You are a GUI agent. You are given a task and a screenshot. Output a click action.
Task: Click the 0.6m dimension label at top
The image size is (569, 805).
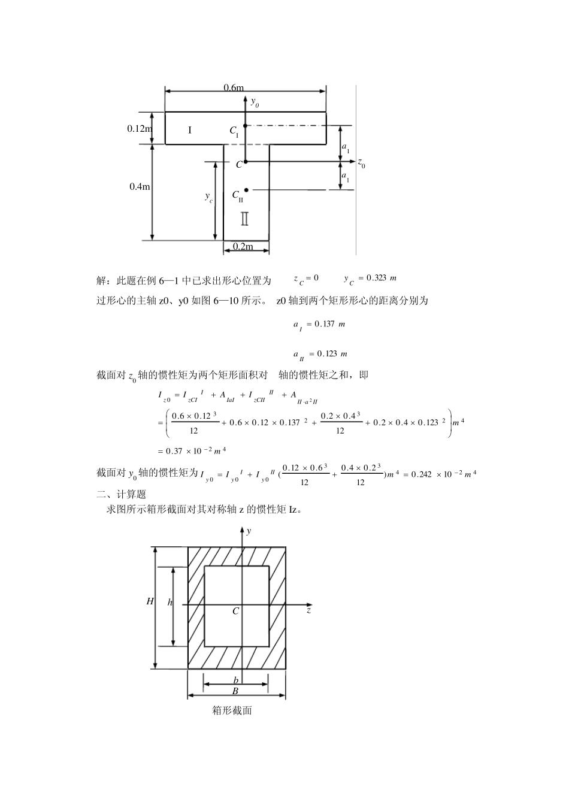(x=234, y=88)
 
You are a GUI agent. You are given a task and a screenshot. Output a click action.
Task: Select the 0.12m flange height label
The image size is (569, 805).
(x=139, y=128)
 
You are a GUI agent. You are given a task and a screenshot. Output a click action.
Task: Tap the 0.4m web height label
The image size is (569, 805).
(x=140, y=186)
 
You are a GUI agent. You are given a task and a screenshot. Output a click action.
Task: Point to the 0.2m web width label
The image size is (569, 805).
(x=243, y=247)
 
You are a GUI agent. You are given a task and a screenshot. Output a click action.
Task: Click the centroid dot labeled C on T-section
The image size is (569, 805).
(x=246, y=162)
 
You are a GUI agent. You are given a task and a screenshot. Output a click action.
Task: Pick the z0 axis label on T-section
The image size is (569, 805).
(x=361, y=162)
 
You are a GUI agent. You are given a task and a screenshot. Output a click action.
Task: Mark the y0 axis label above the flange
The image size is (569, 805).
(x=255, y=102)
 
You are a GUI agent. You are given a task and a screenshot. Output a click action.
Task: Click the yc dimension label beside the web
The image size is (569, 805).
(x=208, y=197)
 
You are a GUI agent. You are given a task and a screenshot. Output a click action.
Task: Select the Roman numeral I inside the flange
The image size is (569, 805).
(x=190, y=129)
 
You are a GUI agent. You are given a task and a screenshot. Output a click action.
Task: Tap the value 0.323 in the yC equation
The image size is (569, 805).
(x=376, y=278)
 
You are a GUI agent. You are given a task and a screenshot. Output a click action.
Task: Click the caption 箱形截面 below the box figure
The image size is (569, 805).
(x=232, y=710)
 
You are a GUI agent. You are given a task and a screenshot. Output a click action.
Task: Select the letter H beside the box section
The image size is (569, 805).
(x=150, y=601)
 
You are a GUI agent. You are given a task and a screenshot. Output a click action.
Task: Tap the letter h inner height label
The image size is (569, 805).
(x=170, y=603)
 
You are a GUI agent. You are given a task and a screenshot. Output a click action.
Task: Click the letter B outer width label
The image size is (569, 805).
(x=235, y=691)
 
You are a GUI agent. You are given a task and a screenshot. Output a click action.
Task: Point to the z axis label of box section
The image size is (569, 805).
(x=308, y=611)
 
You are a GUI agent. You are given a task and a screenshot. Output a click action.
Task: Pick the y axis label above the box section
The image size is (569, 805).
(x=249, y=531)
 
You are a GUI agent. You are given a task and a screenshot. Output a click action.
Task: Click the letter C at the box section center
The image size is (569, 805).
(x=236, y=611)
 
